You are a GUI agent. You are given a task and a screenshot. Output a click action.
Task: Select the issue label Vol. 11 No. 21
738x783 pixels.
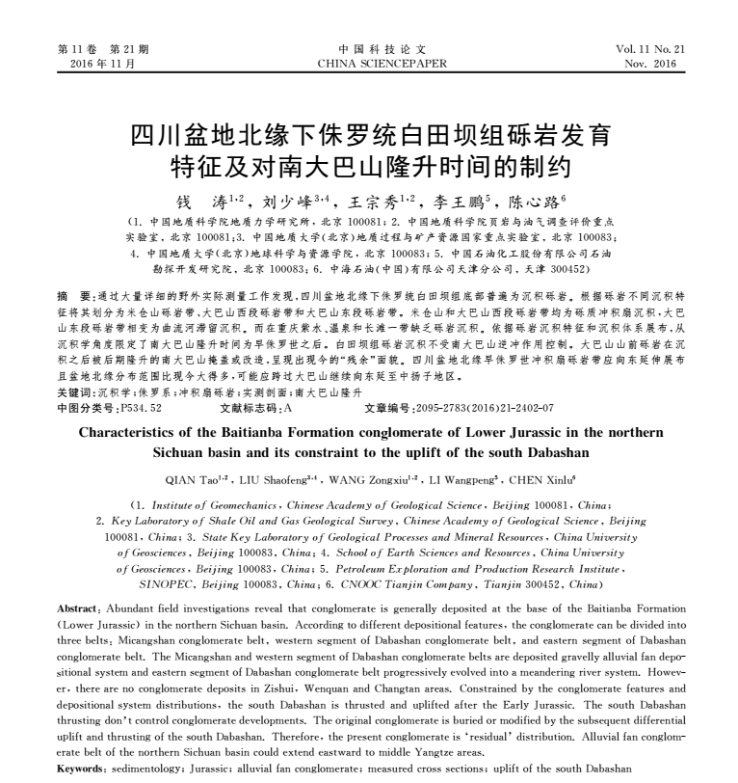(x=650, y=50)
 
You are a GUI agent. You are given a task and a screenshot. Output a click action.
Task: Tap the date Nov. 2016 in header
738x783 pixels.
(x=650, y=65)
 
